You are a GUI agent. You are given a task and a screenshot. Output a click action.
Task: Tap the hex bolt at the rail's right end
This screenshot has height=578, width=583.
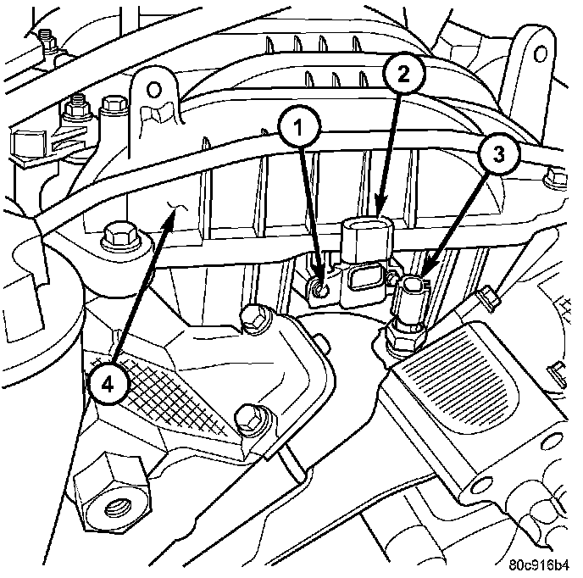[x=554, y=178]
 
